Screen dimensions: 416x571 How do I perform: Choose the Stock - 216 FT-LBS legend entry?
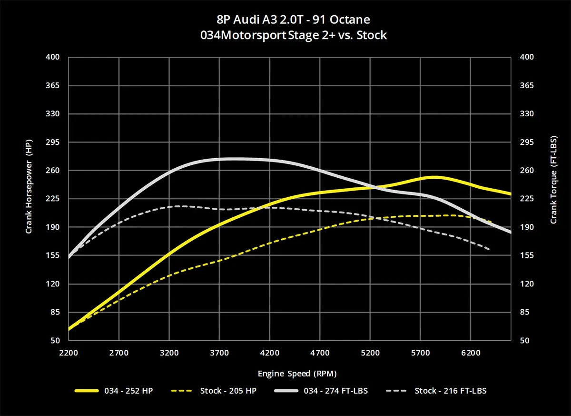(450, 391)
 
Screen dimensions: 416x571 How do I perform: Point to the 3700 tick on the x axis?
(219, 353)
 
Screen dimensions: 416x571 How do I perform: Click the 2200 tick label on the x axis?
(69, 353)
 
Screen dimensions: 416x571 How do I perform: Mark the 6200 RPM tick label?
(470, 353)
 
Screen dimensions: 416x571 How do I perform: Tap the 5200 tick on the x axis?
(370, 353)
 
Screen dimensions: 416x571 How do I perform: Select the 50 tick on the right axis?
(524, 341)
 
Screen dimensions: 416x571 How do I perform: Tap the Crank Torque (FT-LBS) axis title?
(553, 189)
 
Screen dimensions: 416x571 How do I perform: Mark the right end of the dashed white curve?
(489, 249)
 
